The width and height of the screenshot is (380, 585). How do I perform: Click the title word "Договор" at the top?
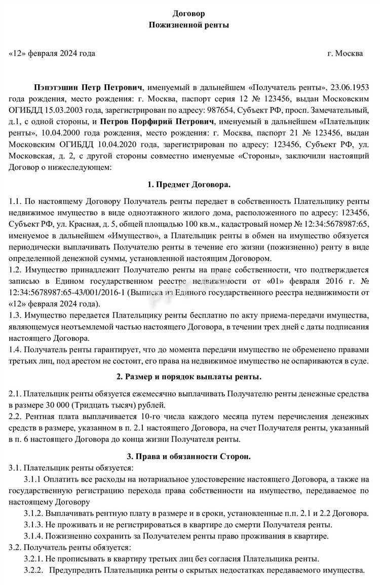click(x=189, y=13)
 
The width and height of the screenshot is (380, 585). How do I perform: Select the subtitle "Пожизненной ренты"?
click(x=189, y=25)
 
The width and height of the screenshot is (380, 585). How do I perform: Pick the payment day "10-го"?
click(x=134, y=417)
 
